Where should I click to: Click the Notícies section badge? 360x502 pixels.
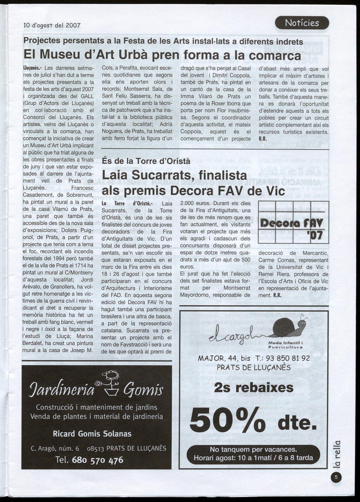click(302, 23)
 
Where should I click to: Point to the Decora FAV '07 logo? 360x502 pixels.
click(293, 222)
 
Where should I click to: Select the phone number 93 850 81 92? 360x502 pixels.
click(289, 358)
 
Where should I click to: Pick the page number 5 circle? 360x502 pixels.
click(336, 477)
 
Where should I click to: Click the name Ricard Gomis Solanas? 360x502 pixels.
click(92, 434)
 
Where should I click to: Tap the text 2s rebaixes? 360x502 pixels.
click(254, 387)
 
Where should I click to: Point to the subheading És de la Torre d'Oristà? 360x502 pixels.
click(146, 161)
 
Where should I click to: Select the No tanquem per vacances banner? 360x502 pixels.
click(253, 454)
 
